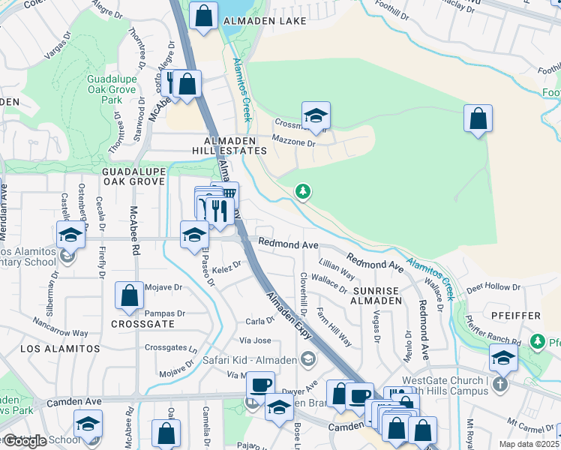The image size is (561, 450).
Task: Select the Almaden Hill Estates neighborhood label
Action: tap(235, 145)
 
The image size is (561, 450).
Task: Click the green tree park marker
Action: tap(302, 193)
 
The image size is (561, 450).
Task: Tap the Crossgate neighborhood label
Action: tap(142, 324)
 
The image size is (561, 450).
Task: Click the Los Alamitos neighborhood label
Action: tap(60, 349)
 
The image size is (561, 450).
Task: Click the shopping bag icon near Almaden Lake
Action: tap(203, 16)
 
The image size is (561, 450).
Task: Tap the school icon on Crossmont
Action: tap(316, 116)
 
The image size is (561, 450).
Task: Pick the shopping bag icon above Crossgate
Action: tap(129, 295)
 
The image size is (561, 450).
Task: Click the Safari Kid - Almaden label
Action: tap(249, 360)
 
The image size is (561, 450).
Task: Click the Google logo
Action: tap(24, 441)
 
